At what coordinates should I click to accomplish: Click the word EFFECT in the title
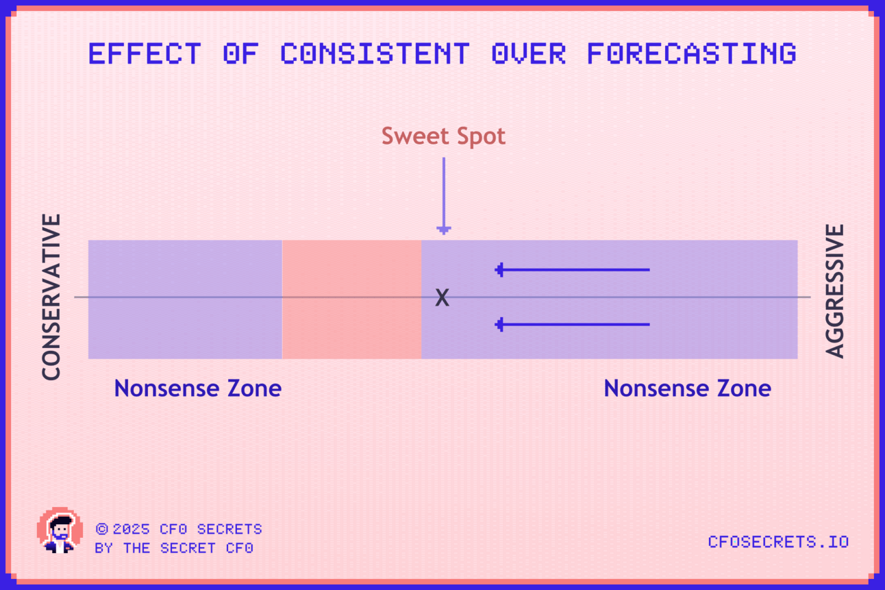pos(145,53)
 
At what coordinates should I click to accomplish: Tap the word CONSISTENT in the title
pos(375,53)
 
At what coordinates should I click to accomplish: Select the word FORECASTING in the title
pos(692,53)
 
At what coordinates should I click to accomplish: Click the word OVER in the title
pos(529,53)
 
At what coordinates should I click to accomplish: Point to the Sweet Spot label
pos(443,136)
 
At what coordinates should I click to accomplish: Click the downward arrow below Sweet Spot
pos(444,196)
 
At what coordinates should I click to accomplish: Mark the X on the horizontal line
pos(442,297)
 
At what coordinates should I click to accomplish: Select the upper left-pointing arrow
pos(572,270)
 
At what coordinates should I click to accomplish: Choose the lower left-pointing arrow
pos(572,324)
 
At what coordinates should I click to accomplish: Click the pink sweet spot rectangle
pos(351,299)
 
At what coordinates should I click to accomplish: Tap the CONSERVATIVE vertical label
pos(51,297)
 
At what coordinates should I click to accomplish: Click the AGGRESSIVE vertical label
pos(834,291)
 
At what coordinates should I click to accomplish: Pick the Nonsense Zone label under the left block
pos(197,388)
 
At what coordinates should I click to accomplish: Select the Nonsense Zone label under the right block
pos(688,388)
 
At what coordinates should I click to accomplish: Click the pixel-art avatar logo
pos(60,530)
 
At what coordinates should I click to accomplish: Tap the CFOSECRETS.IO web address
pos(778,542)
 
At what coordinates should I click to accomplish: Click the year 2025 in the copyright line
pos(131,529)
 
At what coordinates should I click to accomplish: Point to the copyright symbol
pos(102,529)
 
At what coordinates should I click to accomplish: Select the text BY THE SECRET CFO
pos(174,548)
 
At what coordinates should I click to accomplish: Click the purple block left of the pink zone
pos(186,299)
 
